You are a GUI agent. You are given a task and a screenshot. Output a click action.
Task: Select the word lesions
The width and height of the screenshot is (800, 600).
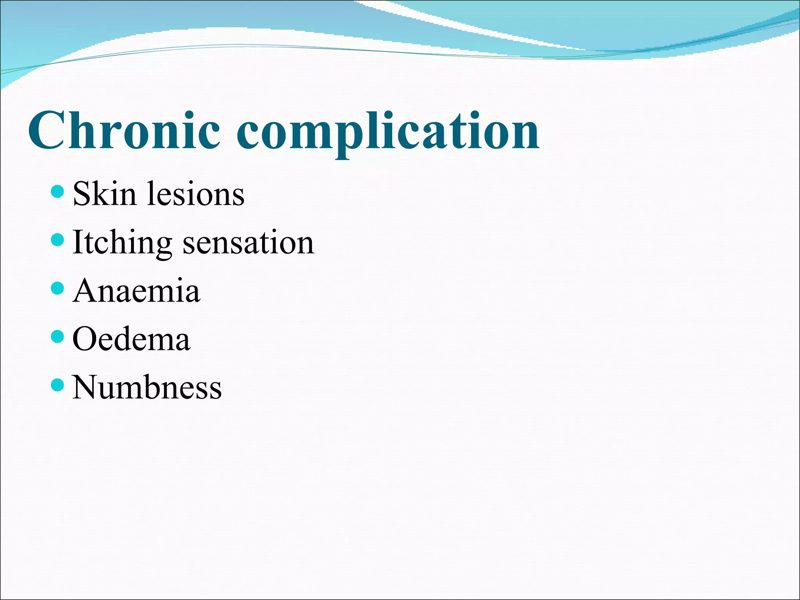click(x=195, y=194)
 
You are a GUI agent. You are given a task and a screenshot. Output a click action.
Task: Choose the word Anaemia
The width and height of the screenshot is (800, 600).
click(x=136, y=291)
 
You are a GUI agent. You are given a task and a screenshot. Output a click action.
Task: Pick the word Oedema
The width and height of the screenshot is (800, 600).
click(x=131, y=339)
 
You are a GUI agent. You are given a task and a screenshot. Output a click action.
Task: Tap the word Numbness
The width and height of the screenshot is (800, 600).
click(x=147, y=387)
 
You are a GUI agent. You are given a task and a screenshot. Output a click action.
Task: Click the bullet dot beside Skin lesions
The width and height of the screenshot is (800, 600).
click(x=57, y=191)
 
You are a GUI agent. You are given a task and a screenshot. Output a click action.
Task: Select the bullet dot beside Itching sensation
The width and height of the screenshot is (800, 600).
click(x=57, y=240)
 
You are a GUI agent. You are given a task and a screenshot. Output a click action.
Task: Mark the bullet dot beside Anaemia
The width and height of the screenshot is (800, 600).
click(x=57, y=288)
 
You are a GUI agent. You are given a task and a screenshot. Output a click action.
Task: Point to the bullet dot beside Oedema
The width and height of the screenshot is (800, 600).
click(x=57, y=336)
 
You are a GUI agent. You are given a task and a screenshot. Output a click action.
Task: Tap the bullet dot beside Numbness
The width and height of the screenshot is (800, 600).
click(x=57, y=385)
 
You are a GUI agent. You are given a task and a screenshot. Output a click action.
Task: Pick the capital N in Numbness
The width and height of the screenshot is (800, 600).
click(x=86, y=387)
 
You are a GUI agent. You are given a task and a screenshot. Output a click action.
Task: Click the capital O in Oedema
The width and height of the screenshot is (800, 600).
click(x=86, y=339)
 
